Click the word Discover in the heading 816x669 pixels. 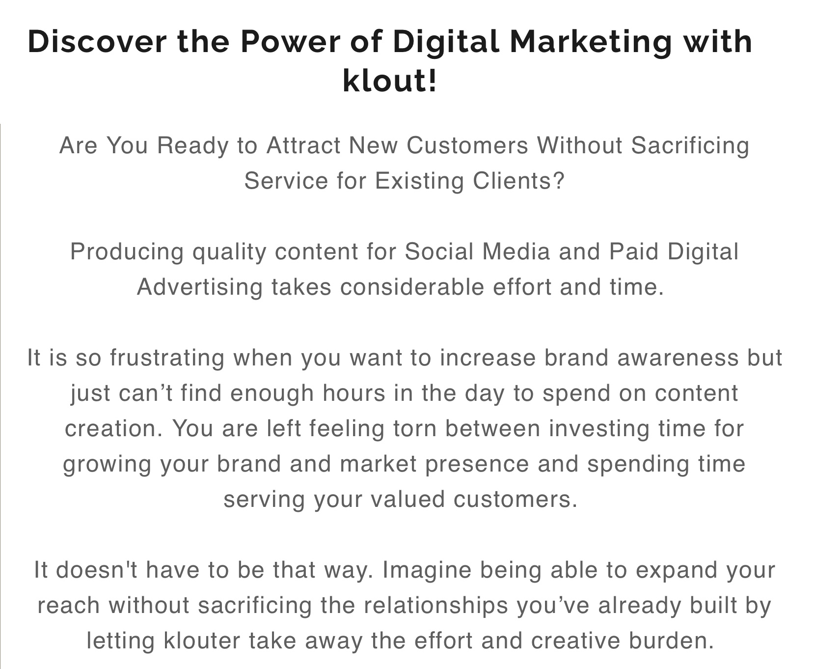[97, 41]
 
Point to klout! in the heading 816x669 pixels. [389, 81]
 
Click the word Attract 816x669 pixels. [303, 145]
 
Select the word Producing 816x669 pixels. [127, 252]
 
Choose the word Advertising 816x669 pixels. [200, 287]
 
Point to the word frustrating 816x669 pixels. [167, 358]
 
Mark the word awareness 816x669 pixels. [678, 358]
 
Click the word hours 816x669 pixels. [354, 393]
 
